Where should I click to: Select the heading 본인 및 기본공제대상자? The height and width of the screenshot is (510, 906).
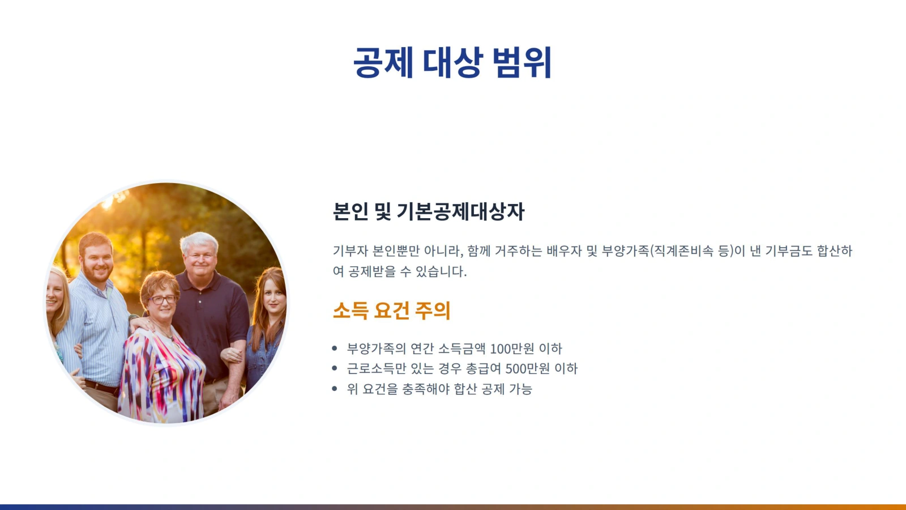coord(428,211)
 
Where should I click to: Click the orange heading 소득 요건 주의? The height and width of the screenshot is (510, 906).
coord(391,311)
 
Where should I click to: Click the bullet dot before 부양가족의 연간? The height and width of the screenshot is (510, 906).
coord(335,348)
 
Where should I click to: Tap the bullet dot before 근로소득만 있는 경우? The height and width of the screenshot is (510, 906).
coord(335,368)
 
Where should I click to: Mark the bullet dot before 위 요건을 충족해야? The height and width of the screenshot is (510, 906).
coord(335,389)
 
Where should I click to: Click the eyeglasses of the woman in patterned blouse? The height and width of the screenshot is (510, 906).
coord(163,300)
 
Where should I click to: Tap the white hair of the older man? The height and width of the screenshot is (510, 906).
coord(199,241)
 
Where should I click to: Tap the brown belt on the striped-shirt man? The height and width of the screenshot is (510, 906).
coord(101,388)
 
